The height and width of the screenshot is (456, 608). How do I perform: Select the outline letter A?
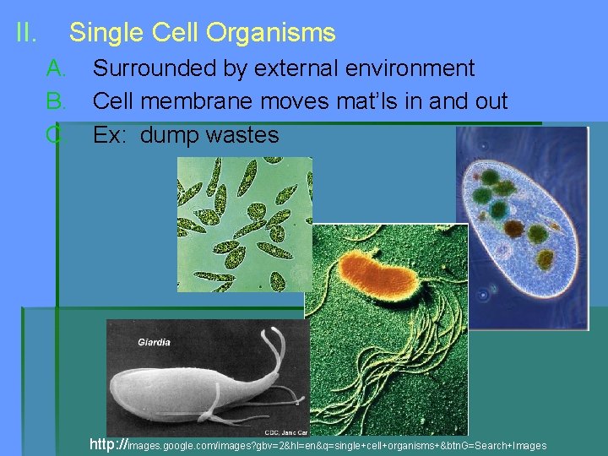(x=56, y=68)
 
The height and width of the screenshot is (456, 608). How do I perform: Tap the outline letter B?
(x=56, y=102)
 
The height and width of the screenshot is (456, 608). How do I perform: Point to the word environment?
(x=409, y=68)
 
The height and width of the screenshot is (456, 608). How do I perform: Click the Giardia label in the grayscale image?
(x=154, y=342)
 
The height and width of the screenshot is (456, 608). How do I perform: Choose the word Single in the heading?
(x=107, y=33)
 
